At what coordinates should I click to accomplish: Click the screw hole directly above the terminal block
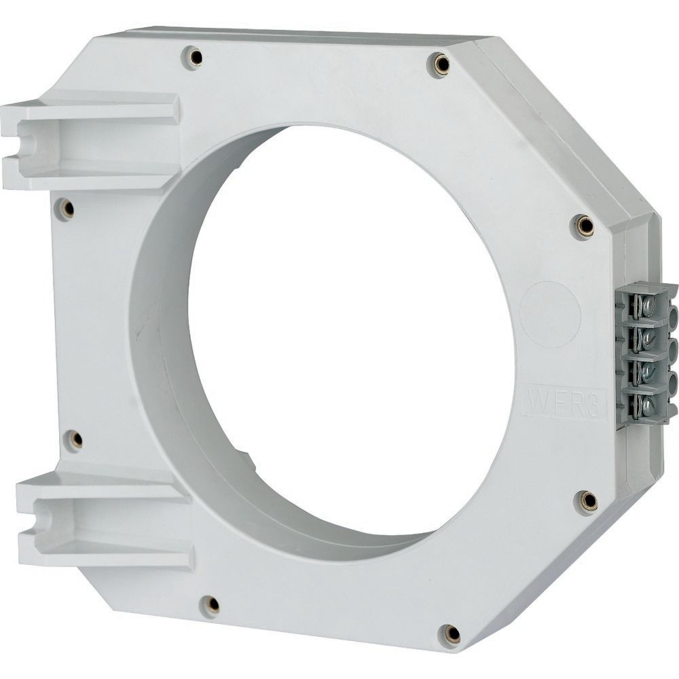[x=585, y=225]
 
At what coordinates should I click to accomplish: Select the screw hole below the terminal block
[x=588, y=502]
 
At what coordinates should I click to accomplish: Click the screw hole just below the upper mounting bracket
[x=66, y=209]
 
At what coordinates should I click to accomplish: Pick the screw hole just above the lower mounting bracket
[x=74, y=440]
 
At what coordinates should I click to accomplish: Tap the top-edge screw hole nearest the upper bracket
[x=194, y=58]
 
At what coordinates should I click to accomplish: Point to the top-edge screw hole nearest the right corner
[x=441, y=65]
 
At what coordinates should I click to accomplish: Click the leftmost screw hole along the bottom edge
[x=212, y=604]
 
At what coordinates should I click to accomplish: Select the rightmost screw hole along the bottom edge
[x=451, y=634]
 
